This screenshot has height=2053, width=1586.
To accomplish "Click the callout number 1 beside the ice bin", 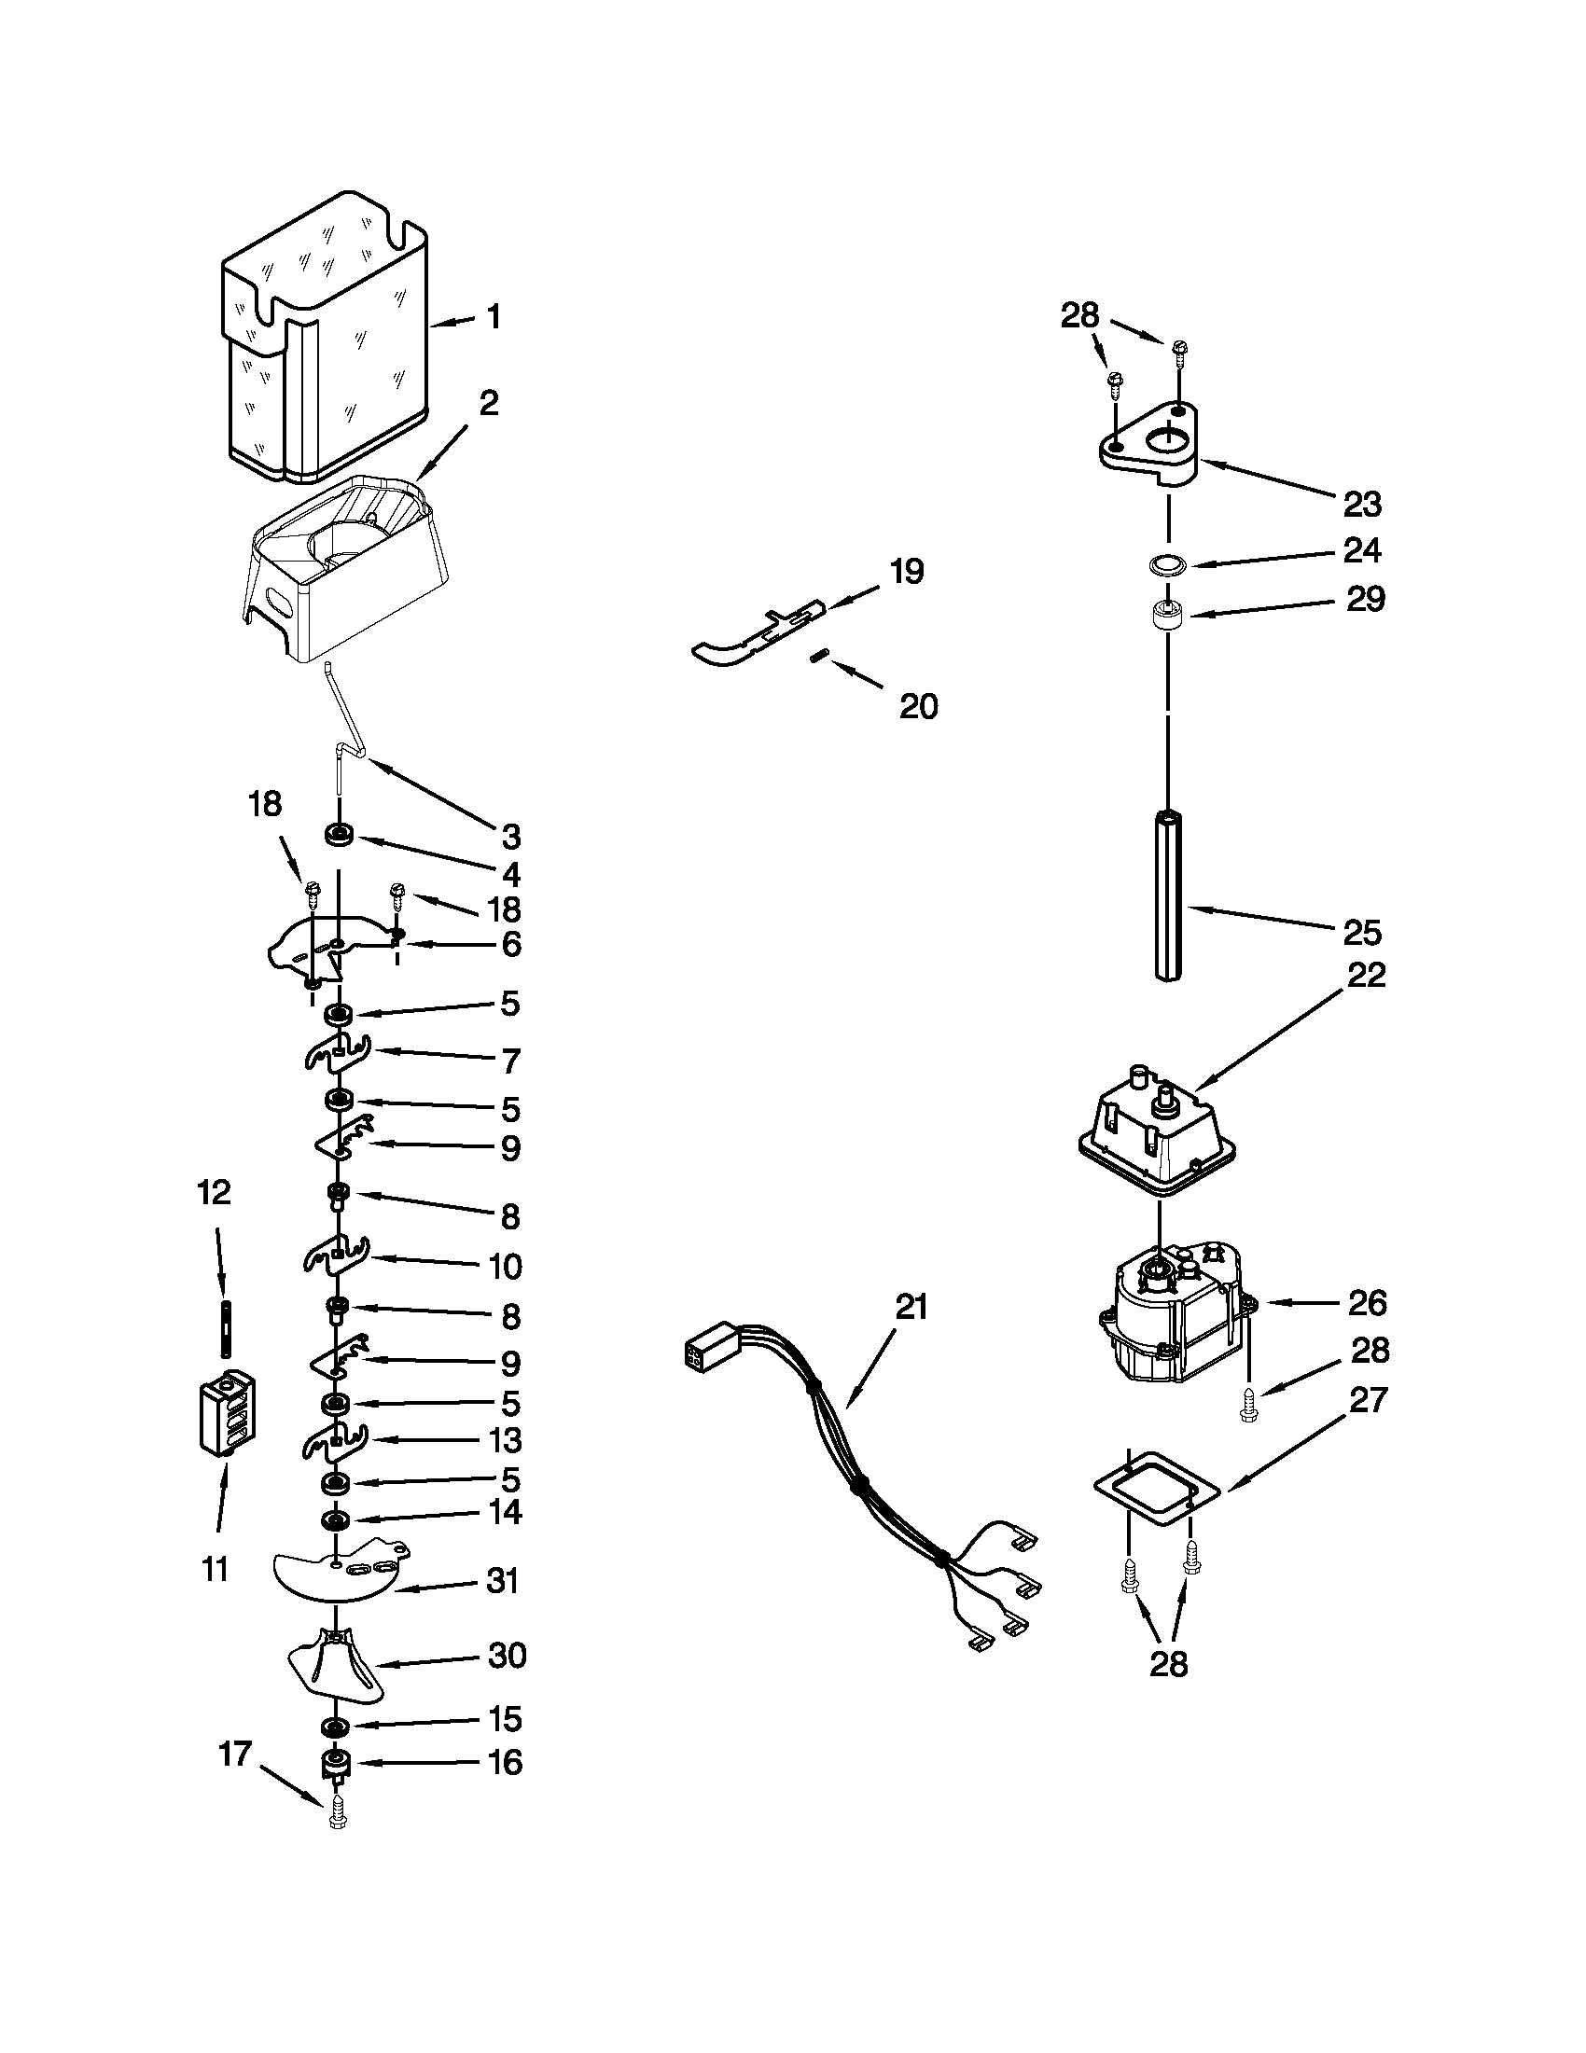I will tap(494, 317).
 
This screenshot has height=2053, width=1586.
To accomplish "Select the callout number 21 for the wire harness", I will tap(911, 1306).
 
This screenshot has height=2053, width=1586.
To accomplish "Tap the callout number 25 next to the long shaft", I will tap(1361, 932).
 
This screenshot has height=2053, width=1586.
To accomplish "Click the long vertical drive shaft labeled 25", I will tap(1169, 893).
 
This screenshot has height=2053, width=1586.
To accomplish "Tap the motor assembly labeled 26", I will tap(1176, 1316).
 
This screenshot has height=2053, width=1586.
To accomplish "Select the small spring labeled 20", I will tap(818, 657).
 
